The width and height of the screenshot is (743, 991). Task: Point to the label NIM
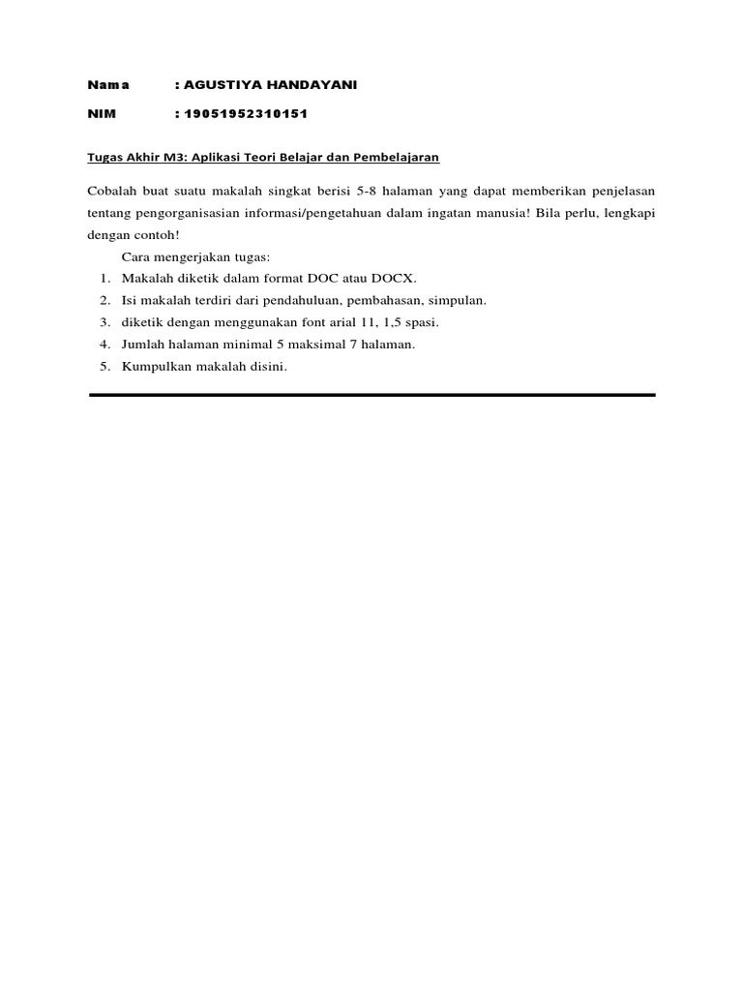click(102, 114)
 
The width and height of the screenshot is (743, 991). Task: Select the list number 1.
click(104, 279)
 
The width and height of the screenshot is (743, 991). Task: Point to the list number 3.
click(104, 322)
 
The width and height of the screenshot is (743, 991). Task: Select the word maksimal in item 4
click(327, 344)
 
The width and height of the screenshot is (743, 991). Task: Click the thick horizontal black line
click(371, 395)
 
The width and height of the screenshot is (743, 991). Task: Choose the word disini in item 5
click(266, 366)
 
